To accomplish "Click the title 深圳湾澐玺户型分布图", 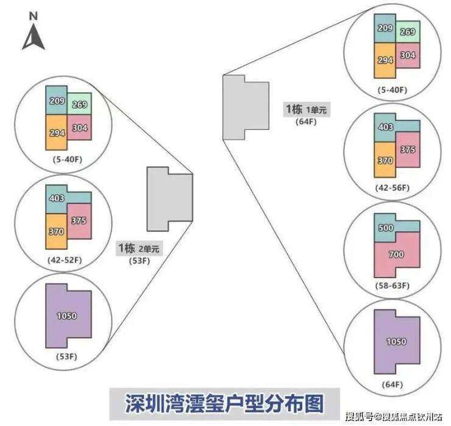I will pyautogui.click(x=226, y=404).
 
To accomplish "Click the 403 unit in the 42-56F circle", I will pyautogui.click(x=385, y=127).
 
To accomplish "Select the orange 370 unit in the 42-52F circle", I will pyautogui.click(x=56, y=232).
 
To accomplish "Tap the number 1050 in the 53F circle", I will pyautogui.click(x=67, y=316).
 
